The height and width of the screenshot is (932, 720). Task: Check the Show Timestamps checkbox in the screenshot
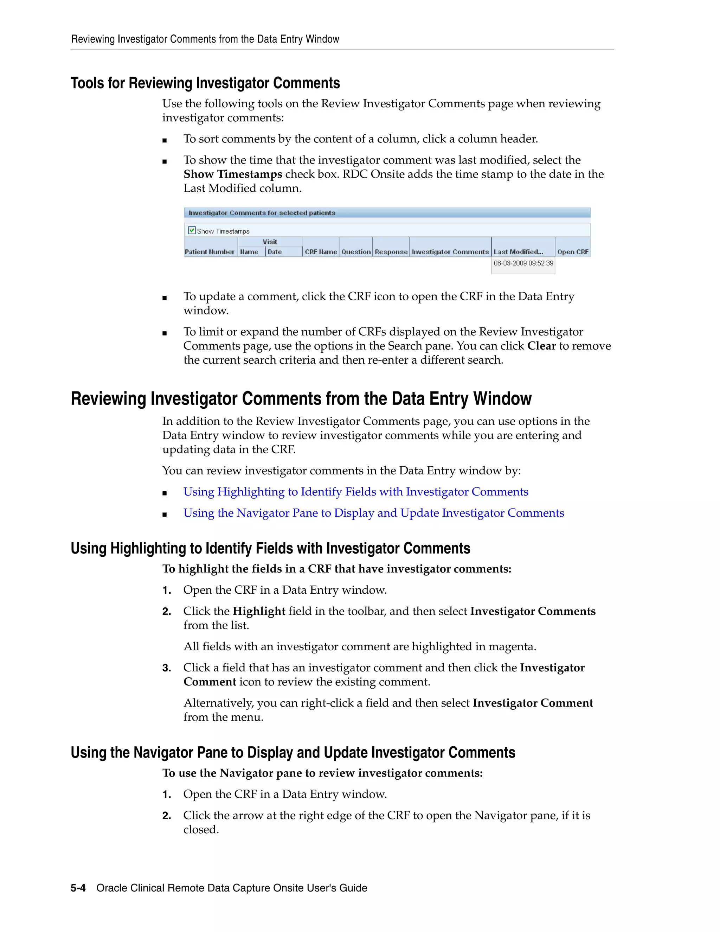(192, 230)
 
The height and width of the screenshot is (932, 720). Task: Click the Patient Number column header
(210, 252)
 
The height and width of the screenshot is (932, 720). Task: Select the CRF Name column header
(321, 252)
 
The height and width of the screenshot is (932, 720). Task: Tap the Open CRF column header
(572, 252)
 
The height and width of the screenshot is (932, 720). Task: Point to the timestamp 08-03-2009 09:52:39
(523, 263)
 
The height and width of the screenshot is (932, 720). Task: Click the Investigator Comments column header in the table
(450, 252)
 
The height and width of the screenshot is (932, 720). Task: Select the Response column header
(391, 252)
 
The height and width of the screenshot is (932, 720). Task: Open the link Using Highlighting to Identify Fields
(355, 492)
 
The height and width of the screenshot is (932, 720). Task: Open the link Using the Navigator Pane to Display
(373, 513)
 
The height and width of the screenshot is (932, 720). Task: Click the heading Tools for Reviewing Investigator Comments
(205, 83)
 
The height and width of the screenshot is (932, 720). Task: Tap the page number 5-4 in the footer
(78, 888)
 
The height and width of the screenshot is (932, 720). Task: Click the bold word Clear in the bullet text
(541, 346)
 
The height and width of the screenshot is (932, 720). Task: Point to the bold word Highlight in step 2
(258, 611)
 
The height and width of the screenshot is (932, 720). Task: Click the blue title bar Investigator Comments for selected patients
(386, 212)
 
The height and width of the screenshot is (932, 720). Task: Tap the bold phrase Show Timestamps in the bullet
(232, 174)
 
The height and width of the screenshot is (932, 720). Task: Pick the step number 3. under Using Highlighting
(166, 668)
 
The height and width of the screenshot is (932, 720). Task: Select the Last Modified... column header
(518, 252)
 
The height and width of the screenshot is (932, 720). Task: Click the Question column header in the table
(356, 252)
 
